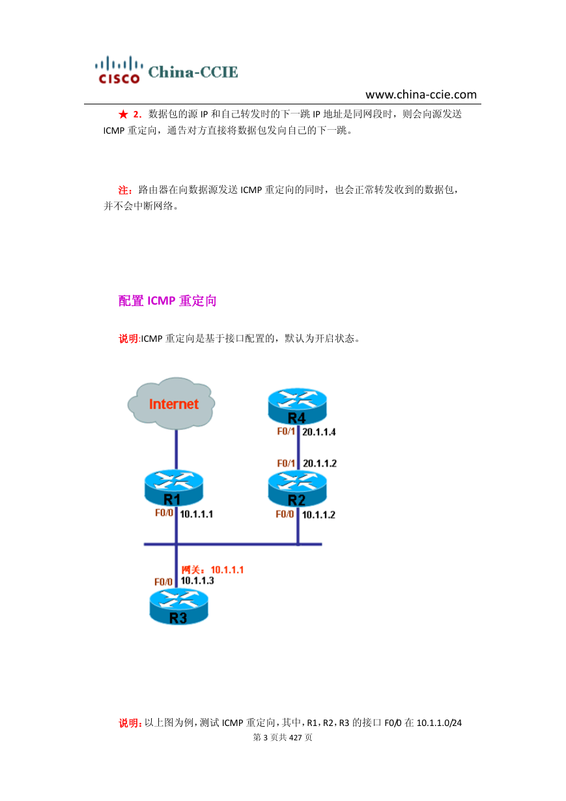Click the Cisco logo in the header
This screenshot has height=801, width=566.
119,70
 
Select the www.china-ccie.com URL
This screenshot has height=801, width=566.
421,95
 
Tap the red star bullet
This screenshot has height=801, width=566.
123,114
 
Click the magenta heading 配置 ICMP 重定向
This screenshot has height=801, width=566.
167,301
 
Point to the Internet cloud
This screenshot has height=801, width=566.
171,403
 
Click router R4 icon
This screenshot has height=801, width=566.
297,406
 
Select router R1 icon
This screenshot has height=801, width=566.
173,488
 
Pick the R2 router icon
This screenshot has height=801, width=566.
297,489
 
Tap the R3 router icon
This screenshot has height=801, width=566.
178,607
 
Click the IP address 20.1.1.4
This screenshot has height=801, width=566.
319,432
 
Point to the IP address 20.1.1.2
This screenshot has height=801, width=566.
320,463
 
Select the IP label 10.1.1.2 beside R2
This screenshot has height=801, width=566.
318,515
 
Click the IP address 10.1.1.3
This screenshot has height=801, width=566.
197,581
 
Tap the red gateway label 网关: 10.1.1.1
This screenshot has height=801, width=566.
212,570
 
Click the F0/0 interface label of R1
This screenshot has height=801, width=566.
164,513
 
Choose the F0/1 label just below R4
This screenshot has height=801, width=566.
286,432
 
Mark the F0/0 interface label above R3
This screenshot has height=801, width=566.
163,582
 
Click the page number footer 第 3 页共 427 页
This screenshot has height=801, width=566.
283,737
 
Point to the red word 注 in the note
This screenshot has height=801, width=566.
123,190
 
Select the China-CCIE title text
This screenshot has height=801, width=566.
193,72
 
